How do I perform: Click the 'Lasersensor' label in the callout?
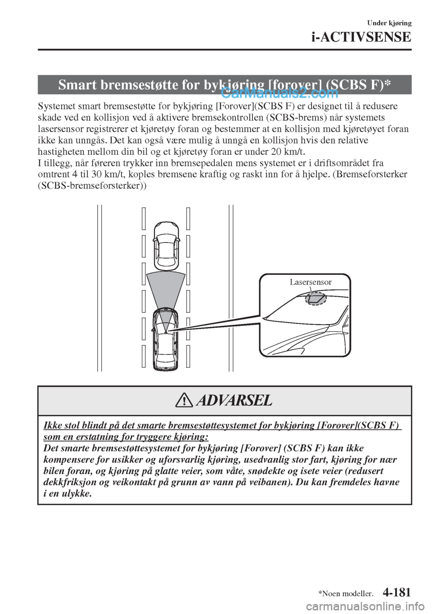[x=310, y=282]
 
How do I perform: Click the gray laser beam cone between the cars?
[x=166, y=293]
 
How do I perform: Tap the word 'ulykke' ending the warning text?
[x=75, y=494]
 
